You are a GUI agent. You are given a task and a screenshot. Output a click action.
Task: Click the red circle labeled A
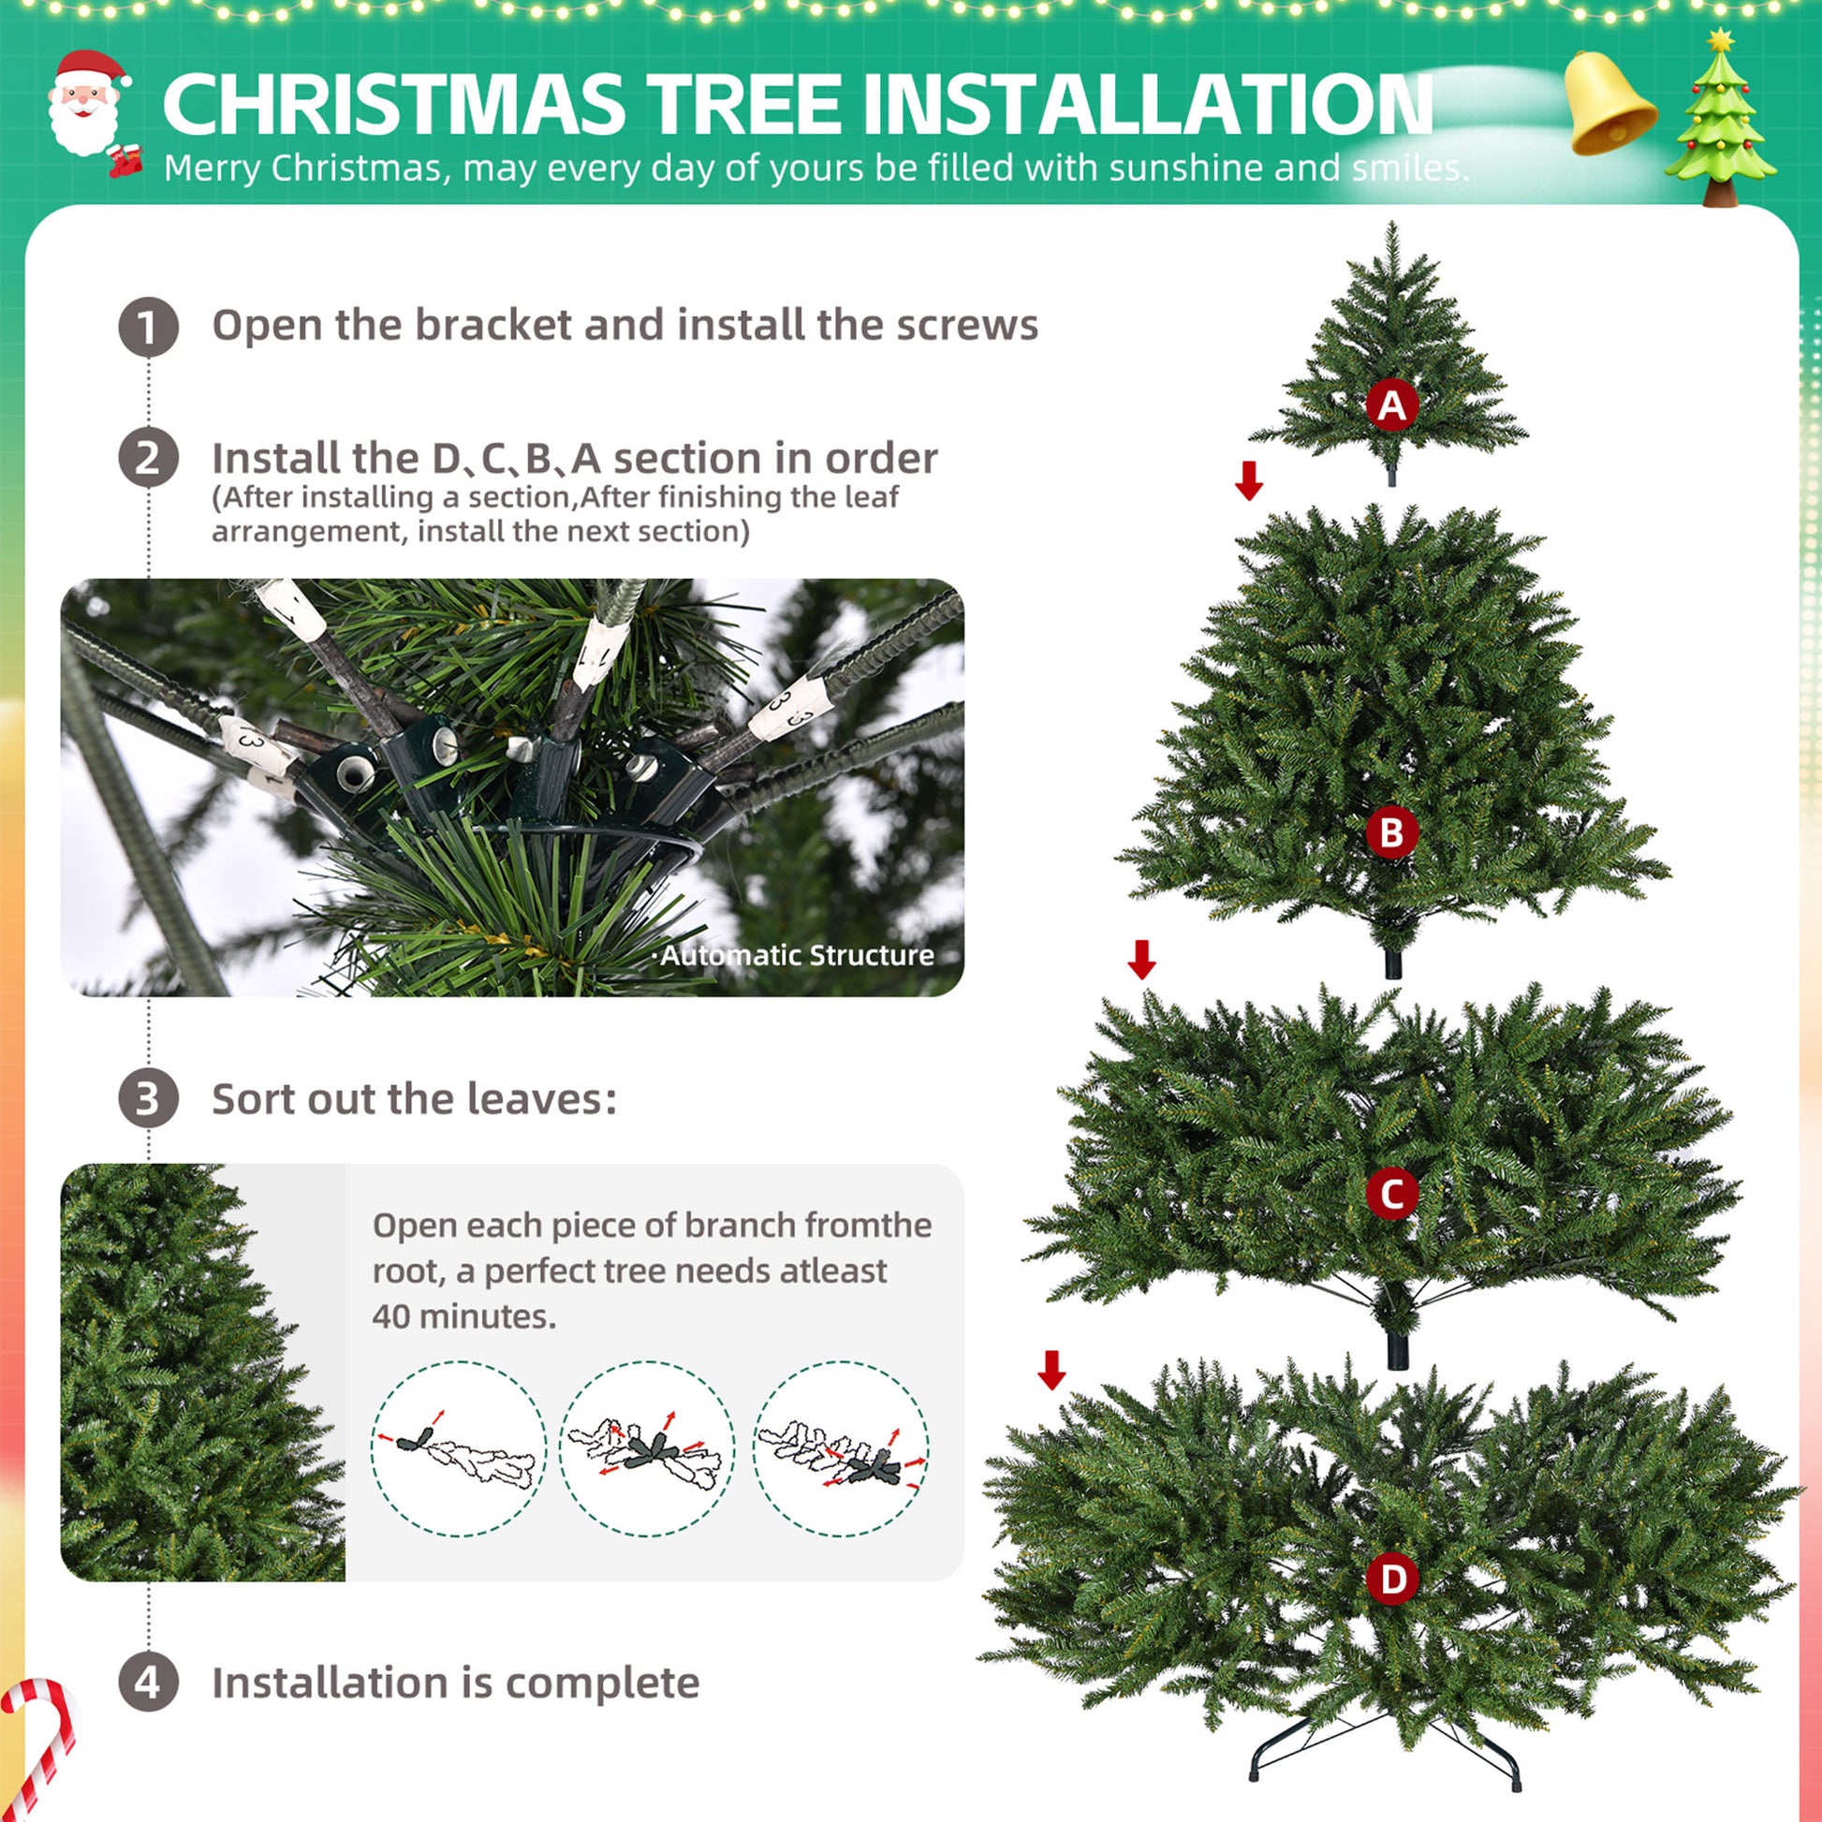pos(1392,405)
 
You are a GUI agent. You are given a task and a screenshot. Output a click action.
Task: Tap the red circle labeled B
pos(1392,831)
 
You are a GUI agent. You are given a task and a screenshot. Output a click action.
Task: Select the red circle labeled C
pos(1392,1194)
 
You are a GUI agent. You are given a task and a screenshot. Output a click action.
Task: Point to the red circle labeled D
pos(1392,1579)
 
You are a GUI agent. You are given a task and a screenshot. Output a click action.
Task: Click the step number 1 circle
pos(148,328)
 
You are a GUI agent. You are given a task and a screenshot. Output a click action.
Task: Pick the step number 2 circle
pos(148,459)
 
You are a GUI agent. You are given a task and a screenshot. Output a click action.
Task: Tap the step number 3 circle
pos(148,1098)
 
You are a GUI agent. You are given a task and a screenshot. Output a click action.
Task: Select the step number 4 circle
pos(148,1682)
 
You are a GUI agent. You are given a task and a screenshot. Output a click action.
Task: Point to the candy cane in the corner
pos(37,1744)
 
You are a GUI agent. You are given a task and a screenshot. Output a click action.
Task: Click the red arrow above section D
pos(1051,1371)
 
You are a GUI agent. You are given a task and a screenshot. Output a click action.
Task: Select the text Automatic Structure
pos(797,955)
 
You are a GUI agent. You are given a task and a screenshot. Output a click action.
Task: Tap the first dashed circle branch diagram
pos(459,1448)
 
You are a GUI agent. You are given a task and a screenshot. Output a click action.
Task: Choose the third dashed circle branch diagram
pos(841,1448)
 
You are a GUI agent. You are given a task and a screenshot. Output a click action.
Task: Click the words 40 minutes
pos(464,1316)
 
